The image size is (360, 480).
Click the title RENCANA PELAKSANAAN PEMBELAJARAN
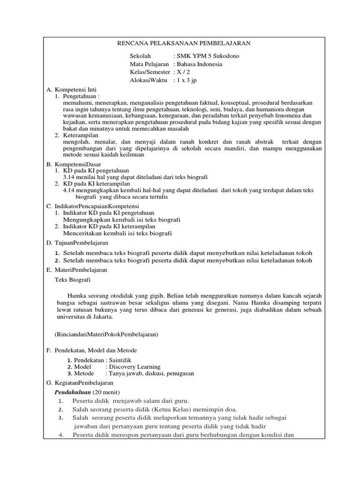point(183,43)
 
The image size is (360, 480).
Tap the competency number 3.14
point(70,177)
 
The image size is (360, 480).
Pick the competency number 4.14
point(70,190)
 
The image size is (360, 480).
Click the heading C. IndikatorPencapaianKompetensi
point(92,206)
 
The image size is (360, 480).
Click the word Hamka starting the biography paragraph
point(76,296)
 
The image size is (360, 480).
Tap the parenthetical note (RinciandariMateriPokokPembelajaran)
point(107,334)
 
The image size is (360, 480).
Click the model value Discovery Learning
point(135,367)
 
